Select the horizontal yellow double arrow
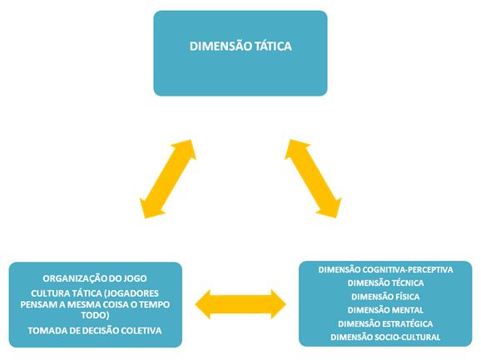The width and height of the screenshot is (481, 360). [240, 304]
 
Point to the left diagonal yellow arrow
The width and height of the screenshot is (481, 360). [168, 179]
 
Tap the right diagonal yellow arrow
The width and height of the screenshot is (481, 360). [313, 179]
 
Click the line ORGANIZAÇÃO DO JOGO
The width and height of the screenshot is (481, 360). [95, 279]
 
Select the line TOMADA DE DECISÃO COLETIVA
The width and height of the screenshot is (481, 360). [95, 331]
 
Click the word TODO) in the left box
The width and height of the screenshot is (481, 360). [95, 315]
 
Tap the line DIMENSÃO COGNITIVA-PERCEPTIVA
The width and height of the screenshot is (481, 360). [385, 269]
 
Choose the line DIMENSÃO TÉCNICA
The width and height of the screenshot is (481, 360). [385, 283]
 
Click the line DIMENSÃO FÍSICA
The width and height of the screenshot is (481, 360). [385, 297]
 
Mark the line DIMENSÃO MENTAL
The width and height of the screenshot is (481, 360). [385, 310]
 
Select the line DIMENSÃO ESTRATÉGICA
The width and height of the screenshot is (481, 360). [385, 323]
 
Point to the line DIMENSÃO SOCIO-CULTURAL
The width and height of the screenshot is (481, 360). [385, 337]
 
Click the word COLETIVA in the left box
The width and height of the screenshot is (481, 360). [141, 331]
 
